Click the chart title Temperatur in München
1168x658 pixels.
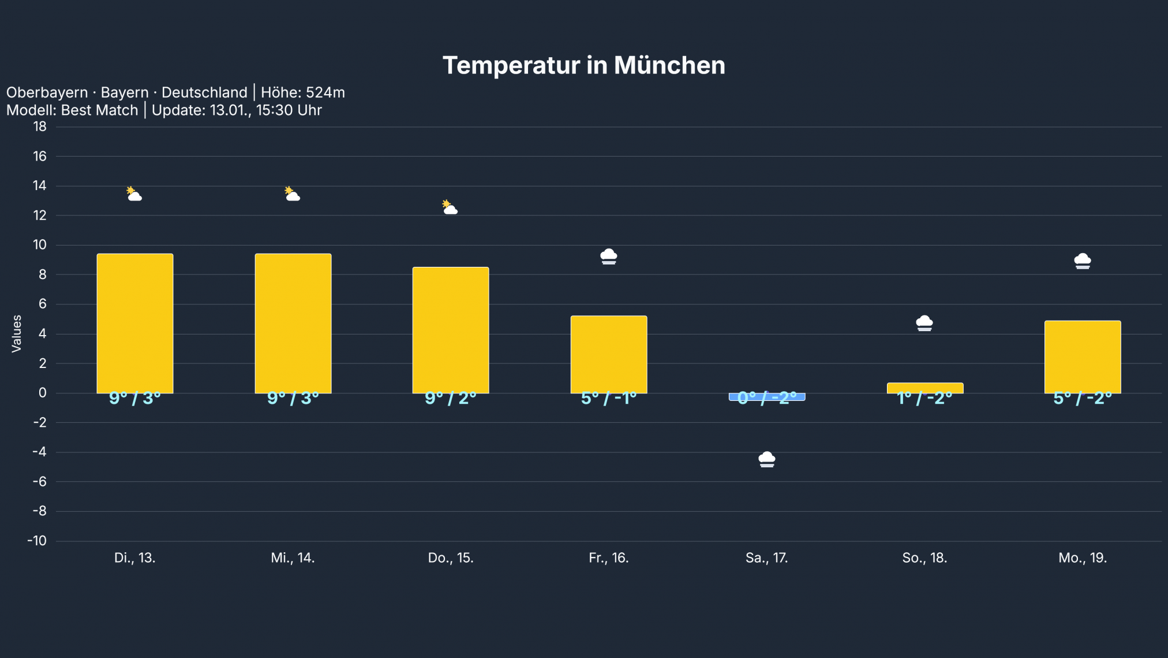583,65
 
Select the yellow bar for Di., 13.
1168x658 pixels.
135,324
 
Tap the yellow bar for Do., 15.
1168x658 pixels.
451,330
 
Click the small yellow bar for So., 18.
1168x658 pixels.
924,387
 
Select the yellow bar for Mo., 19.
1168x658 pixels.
1083,356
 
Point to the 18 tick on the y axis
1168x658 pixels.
40,127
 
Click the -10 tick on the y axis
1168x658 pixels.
38,541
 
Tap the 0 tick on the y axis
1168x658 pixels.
42,393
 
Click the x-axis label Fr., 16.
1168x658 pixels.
608,557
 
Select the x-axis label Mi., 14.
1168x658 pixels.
293,557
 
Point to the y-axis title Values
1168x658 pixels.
16,333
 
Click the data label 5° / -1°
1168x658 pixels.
608,398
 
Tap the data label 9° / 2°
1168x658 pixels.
451,398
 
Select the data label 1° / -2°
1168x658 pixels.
924,399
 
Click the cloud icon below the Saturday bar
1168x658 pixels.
766,459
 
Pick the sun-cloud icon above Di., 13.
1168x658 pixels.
134,194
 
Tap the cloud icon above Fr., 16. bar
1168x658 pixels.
608,256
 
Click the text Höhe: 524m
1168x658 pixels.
302,92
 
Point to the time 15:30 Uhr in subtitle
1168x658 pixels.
289,110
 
